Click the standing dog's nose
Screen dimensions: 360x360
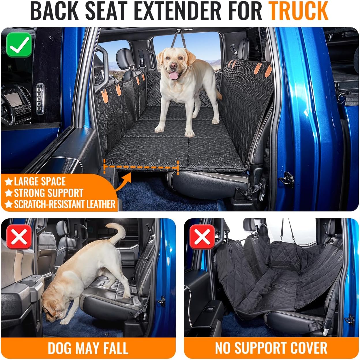point(173,66)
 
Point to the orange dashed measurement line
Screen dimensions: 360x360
point(141,167)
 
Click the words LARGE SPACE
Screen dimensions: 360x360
point(40,181)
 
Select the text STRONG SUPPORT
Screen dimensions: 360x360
point(48,193)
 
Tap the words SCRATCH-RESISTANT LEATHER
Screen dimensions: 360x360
point(65,204)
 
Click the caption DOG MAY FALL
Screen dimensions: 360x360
point(88,348)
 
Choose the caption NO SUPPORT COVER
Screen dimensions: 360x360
point(271,348)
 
